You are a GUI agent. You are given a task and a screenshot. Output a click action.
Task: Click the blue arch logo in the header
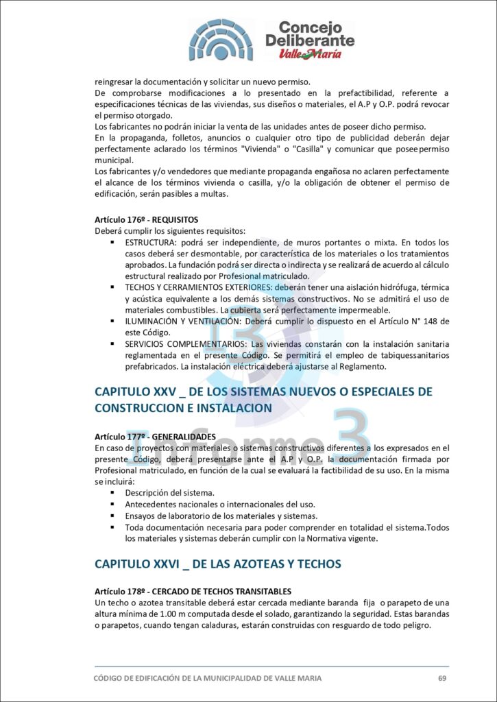pyautogui.click(x=221, y=39)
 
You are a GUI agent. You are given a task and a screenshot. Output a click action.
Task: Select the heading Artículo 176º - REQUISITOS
pyautogui.click(x=146, y=220)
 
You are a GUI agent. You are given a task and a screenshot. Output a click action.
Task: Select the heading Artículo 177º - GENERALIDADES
pyautogui.click(x=155, y=437)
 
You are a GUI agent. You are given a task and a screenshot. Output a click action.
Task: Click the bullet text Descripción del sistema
pyautogui.click(x=169, y=493)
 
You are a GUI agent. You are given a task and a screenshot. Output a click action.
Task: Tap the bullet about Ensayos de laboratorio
pyautogui.click(x=221, y=516)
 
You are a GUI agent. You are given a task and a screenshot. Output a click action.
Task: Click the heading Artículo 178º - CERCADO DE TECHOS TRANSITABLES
pyautogui.click(x=193, y=591)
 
